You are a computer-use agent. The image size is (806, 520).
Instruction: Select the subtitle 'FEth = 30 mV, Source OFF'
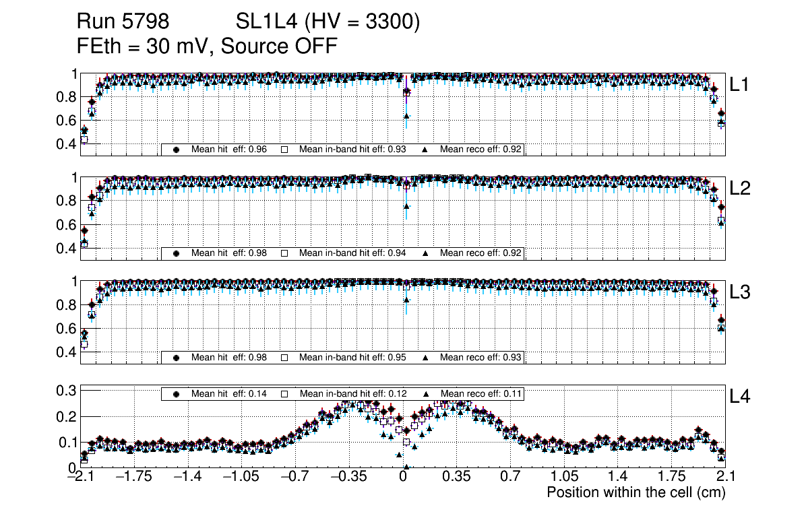[207, 46]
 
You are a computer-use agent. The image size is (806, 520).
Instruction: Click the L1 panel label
[739, 85]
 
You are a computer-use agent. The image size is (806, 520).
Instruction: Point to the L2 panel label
[740, 189]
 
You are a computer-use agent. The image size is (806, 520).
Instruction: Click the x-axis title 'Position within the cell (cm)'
[635, 492]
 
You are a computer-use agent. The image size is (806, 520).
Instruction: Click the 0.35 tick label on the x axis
[456, 478]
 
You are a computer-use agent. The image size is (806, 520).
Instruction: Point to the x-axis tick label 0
[403, 478]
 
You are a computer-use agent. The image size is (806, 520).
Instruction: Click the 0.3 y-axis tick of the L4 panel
[67, 390]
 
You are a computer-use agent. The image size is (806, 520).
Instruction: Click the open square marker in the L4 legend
[284, 393]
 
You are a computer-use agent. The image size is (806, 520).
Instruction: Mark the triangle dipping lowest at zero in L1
[406, 116]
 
